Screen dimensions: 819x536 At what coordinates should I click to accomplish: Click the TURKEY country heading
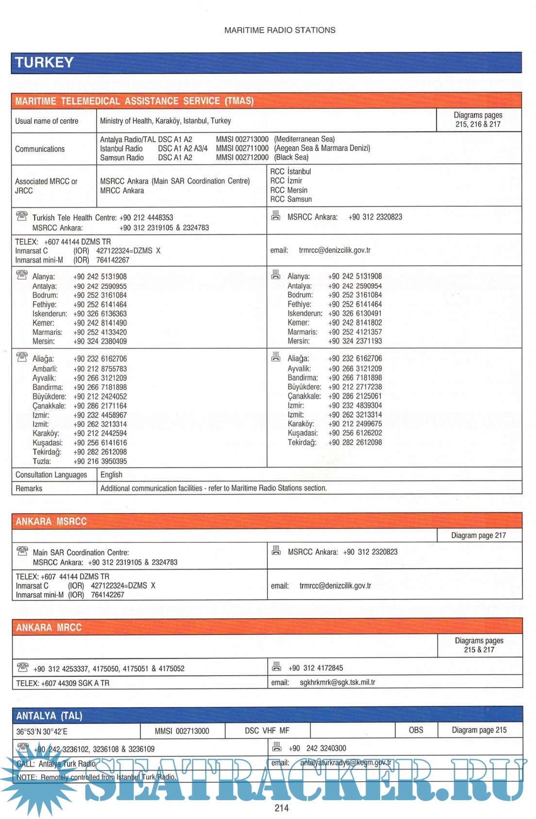click(x=44, y=63)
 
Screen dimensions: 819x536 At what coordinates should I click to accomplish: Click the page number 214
click(x=281, y=808)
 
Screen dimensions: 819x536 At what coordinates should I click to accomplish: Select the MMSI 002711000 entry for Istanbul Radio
click(x=242, y=148)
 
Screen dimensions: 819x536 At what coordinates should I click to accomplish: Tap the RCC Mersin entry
click(x=289, y=190)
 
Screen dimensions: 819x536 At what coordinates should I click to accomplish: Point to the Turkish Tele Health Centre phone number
click(x=146, y=218)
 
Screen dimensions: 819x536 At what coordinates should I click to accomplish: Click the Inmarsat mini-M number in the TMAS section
click(x=113, y=260)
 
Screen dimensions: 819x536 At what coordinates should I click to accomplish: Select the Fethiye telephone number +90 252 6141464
click(x=100, y=305)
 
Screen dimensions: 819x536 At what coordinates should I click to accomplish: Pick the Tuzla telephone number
click(x=100, y=461)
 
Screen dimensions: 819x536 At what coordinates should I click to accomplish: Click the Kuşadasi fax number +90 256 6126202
click(x=355, y=433)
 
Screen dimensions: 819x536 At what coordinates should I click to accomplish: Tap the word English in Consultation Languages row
click(x=111, y=475)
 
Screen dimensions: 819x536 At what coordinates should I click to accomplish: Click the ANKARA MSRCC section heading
click(x=51, y=522)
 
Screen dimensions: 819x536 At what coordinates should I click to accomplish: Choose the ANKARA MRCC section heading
click(x=49, y=627)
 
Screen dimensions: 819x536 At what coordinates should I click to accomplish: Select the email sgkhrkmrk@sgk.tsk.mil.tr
click(x=337, y=682)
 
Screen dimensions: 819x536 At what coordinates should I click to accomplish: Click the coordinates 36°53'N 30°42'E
click(x=42, y=732)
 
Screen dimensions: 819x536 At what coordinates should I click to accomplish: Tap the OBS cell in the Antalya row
click(x=416, y=730)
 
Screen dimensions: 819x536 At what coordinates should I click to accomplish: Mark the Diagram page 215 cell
click(x=479, y=730)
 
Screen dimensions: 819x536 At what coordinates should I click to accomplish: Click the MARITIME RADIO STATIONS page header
click(x=280, y=30)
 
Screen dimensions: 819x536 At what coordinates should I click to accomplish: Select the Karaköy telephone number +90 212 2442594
click(x=100, y=433)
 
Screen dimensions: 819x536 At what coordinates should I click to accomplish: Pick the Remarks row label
click(x=29, y=489)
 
